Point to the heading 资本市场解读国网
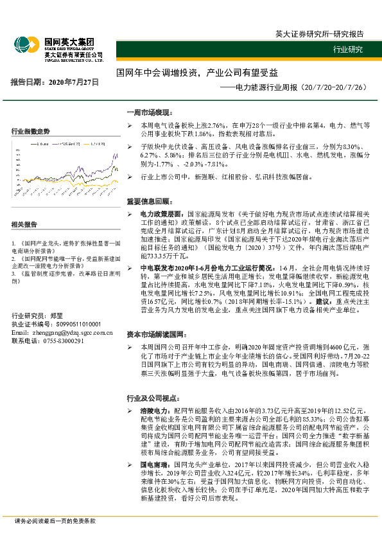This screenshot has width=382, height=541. pyautogui.click(x=157, y=335)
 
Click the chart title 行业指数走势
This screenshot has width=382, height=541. pyautogui.click(x=31, y=131)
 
